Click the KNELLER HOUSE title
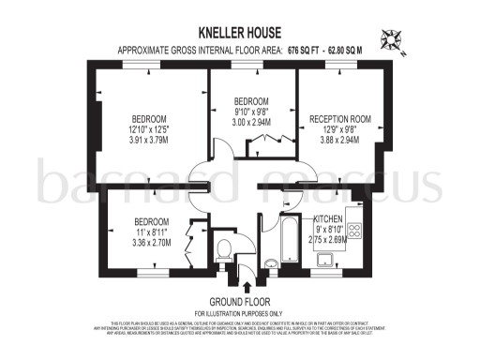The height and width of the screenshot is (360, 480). coord(240,31)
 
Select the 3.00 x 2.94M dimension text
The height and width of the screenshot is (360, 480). coord(251,122)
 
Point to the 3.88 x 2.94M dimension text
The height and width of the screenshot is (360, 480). coord(338,140)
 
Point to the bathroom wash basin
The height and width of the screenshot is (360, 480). coord(270,263)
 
